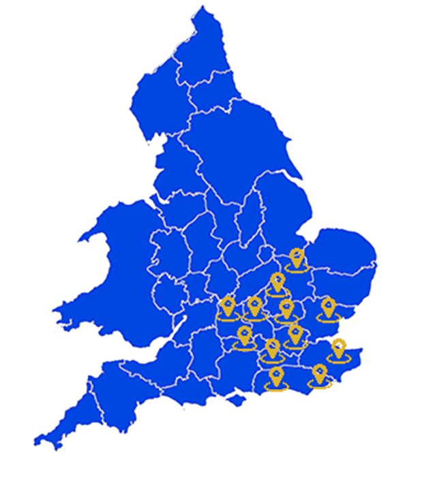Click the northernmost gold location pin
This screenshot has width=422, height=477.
297,258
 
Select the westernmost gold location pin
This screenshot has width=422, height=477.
228,306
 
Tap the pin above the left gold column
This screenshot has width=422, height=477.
277,375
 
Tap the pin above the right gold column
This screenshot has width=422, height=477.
319,373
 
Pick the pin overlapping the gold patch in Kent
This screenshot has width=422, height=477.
337,350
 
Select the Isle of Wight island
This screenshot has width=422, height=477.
237,401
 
